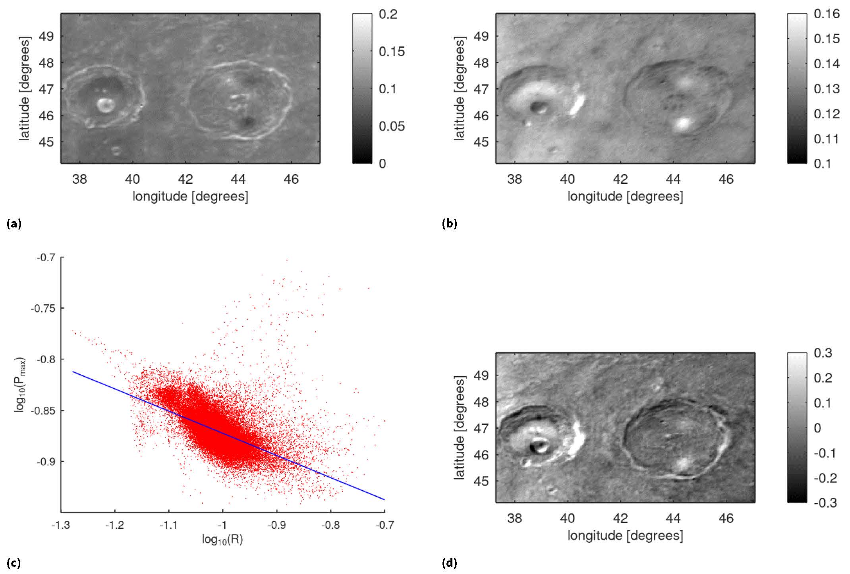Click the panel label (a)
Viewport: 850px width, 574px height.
point(14,224)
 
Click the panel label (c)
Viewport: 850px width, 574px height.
point(14,563)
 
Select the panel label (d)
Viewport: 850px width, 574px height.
point(449,563)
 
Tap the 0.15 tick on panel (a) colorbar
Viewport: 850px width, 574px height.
point(392,51)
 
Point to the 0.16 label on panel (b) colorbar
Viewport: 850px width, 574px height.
point(827,14)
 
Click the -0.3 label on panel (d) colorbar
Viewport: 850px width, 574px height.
point(825,503)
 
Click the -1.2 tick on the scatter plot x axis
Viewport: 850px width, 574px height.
point(115,525)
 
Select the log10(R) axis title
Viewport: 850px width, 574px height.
point(222,540)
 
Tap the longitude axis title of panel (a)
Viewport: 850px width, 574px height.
point(190,196)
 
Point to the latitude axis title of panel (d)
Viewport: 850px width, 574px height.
point(459,428)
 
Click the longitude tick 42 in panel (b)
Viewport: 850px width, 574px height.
point(620,179)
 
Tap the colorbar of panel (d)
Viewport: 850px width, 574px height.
point(797,428)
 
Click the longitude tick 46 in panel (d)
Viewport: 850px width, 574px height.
point(726,518)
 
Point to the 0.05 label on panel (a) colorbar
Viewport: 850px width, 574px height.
point(392,126)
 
